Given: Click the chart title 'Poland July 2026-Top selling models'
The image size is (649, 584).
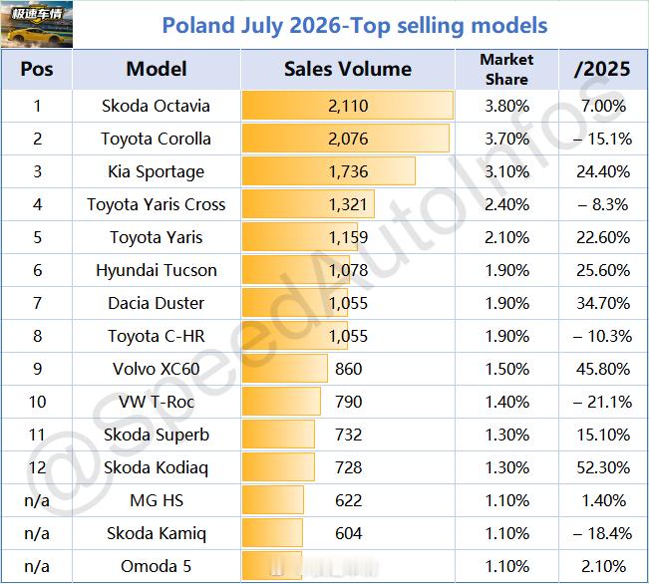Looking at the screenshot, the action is click(355, 25).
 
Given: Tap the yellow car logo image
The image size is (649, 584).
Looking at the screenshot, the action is click(37, 25).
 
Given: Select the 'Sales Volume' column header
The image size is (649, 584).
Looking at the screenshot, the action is click(348, 69).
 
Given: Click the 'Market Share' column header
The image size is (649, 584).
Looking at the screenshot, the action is click(506, 69).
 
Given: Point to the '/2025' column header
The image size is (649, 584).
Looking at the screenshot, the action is click(602, 69).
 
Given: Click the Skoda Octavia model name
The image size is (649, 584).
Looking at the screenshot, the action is click(157, 106).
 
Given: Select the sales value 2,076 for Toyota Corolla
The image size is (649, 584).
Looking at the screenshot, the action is click(348, 139).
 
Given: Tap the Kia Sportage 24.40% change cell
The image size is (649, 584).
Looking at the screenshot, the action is click(603, 171).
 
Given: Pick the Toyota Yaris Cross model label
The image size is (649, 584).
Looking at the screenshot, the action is click(157, 204).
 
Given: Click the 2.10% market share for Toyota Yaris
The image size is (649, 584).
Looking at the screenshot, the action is click(507, 237).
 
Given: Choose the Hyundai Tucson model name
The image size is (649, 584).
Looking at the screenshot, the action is click(157, 270).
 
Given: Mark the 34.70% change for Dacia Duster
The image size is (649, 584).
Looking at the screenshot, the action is click(603, 303).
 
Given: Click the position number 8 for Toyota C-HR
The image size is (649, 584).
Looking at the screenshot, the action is click(37, 336).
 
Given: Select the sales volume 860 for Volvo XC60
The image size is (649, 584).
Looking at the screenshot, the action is click(349, 369).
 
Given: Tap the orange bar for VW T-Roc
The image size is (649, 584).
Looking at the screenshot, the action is click(281, 402).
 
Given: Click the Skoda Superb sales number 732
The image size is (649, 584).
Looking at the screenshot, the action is click(349, 435).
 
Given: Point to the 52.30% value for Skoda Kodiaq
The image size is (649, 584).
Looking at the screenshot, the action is click(603, 467).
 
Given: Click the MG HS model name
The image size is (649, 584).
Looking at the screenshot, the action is click(157, 501).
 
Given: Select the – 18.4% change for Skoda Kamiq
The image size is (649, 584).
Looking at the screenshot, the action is click(602, 533).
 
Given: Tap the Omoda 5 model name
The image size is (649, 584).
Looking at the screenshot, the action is click(157, 566).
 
